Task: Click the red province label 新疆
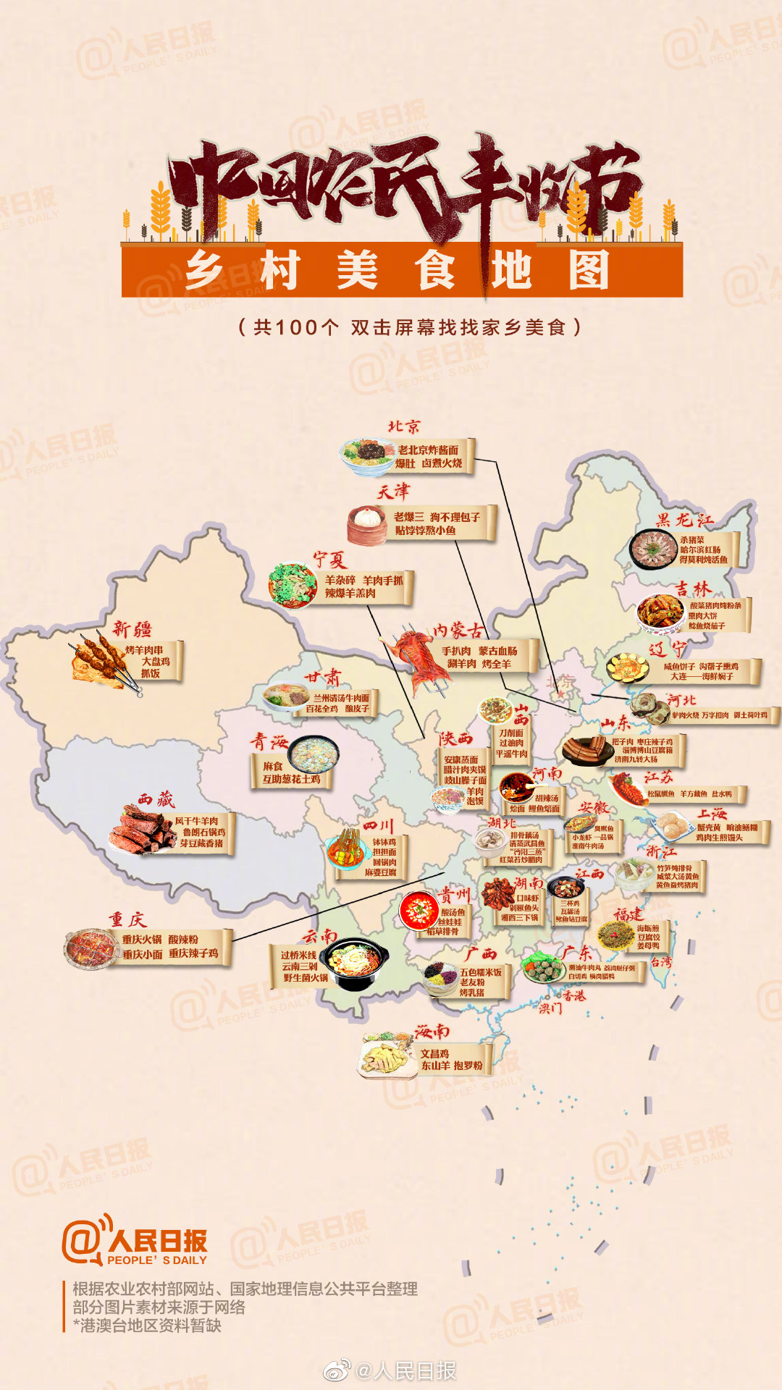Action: [132, 628]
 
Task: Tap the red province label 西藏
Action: [156, 799]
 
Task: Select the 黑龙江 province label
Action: [684, 520]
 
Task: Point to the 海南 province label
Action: [432, 1031]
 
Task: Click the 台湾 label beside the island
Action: [661, 962]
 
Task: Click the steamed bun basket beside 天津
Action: [367, 524]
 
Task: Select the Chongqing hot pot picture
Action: [90, 948]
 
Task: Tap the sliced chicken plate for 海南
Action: [387, 1057]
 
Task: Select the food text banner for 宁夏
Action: [363, 586]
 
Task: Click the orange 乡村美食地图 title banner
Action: [402, 270]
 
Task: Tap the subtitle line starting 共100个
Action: [410, 327]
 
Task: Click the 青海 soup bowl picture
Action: [314, 754]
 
